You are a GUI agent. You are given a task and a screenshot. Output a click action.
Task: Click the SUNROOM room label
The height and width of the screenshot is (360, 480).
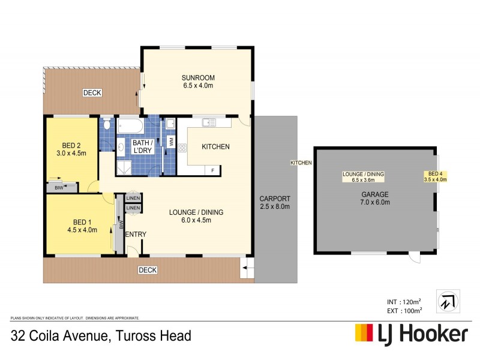tap(198, 78)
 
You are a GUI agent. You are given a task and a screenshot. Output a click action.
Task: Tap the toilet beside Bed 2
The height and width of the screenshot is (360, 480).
tap(106, 125)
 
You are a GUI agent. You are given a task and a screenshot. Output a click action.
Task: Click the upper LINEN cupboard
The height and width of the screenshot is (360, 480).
tap(133, 198)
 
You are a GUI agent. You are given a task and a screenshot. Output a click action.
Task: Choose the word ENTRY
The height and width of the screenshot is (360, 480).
tap(136, 234)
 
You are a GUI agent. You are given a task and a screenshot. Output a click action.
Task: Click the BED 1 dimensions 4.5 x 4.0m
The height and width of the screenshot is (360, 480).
tap(82, 229)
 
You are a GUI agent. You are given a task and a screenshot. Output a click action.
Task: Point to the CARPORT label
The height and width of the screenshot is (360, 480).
tap(275, 199)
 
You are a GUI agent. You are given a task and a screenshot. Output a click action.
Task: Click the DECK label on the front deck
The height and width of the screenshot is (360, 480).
tap(147, 270)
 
